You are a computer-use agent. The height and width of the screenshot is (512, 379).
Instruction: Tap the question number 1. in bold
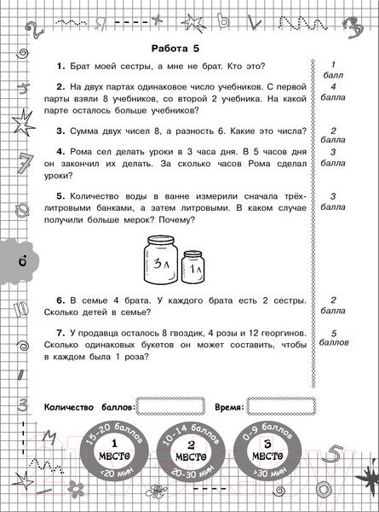tap(60, 67)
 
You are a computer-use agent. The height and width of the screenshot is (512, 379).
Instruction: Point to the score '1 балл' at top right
tap(336, 69)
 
